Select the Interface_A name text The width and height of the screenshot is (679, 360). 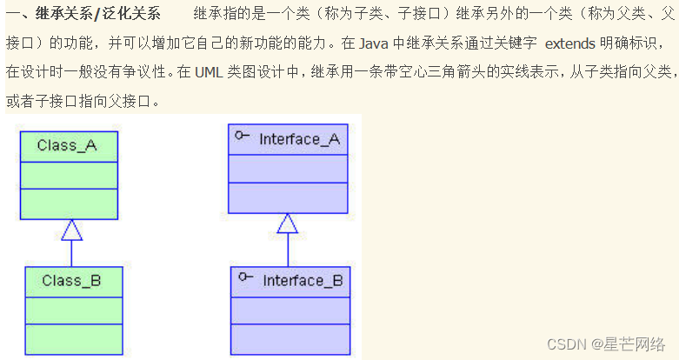pyautogui.click(x=299, y=139)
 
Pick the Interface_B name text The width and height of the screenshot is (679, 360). pyautogui.click(x=303, y=280)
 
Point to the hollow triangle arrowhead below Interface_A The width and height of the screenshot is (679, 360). pyautogui.click(x=288, y=223)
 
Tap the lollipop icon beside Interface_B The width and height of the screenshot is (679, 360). pyautogui.click(x=246, y=277)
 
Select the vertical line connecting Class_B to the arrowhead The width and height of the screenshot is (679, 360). pyautogui.click(x=71, y=254)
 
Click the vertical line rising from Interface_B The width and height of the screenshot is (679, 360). pyautogui.click(x=288, y=250)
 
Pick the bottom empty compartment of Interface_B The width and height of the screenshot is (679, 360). pyautogui.click(x=290, y=338)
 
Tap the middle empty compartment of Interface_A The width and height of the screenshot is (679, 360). pyautogui.click(x=288, y=169)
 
